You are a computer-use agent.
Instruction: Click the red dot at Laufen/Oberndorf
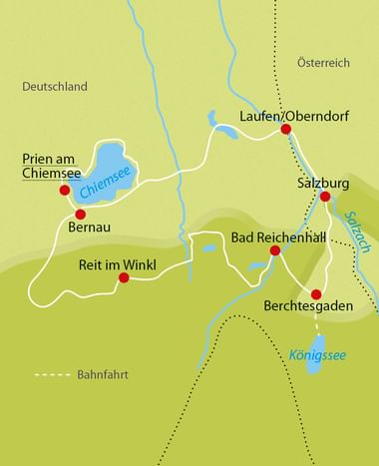pos(285,129)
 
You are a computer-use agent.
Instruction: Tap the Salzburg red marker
pos(325,197)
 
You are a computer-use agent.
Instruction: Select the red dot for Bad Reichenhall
pos(275,250)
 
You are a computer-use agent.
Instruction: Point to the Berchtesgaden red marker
pos(316,294)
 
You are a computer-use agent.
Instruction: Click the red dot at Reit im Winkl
pos(124,277)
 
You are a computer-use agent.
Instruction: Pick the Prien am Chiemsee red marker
pos(65,190)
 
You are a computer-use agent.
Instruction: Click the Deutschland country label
pos(55,87)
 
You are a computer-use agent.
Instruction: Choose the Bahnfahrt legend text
pos(102,375)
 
